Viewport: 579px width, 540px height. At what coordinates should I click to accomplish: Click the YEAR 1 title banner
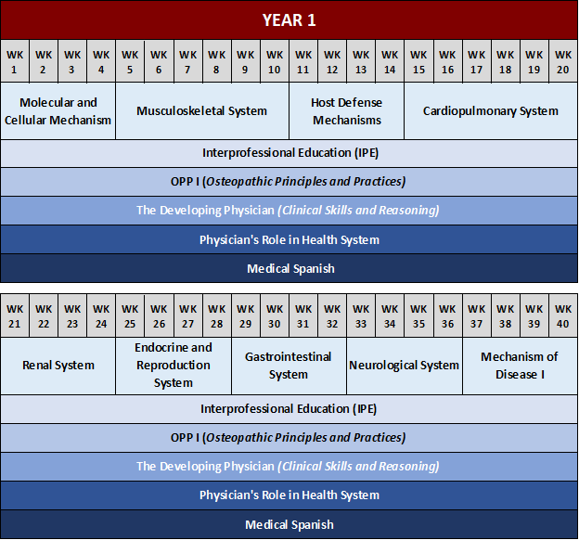(289, 19)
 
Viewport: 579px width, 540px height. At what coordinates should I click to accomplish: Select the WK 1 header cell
(15, 61)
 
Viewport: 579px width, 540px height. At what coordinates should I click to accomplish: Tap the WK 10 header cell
(274, 61)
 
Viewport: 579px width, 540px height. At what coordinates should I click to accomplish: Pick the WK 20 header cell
(563, 61)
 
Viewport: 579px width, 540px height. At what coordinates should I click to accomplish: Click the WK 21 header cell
(15, 316)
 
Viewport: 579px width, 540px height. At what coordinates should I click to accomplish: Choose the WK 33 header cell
(361, 316)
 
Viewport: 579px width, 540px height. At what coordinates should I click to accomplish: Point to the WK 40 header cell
(563, 316)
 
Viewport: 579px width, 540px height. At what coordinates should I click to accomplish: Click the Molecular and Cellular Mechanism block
(58, 111)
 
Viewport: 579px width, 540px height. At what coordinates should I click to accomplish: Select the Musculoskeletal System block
(201, 111)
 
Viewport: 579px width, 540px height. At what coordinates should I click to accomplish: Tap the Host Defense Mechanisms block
(346, 111)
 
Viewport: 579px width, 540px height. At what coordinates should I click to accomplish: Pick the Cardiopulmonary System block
(491, 111)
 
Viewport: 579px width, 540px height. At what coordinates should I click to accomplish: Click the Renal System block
(58, 366)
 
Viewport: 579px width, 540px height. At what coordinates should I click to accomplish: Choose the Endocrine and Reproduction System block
(174, 366)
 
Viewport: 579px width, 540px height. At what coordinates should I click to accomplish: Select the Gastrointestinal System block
(289, 366)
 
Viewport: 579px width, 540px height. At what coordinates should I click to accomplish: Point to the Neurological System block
(404, 366)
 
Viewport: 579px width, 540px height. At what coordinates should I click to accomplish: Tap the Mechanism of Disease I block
(520, 366)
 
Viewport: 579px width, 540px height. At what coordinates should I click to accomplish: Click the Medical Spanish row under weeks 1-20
(289, 269)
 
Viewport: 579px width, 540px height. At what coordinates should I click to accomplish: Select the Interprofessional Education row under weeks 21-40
(289, 408)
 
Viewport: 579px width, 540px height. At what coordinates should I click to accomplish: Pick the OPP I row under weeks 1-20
(289, 182)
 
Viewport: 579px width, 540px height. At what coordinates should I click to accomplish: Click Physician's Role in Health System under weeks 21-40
(289, 495)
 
